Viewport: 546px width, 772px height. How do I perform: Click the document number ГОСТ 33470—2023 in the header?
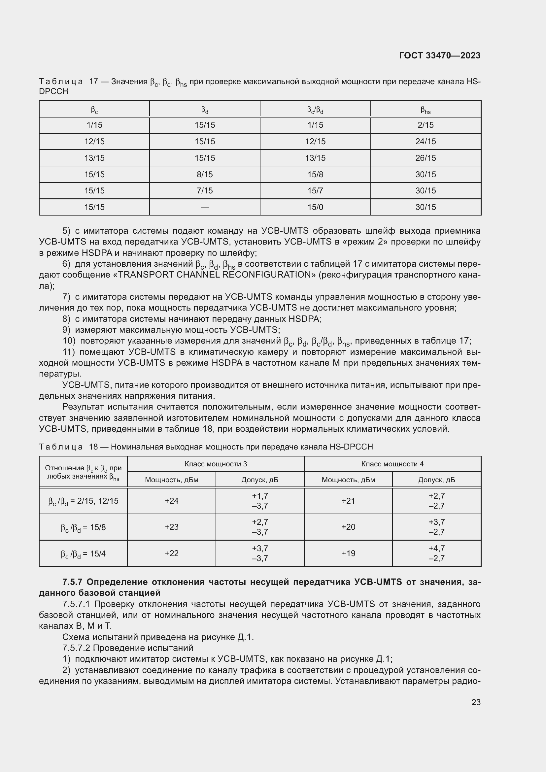tap(439, 55)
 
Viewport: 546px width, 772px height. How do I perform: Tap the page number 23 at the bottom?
tap(476, 702)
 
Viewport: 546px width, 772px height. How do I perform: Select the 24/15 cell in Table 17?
tap(425, 142)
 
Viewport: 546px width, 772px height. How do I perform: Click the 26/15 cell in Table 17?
tap(425, 158)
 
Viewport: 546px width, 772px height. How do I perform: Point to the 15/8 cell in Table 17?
tap(315, 175)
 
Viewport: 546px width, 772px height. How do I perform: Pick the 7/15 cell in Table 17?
tap(204, 191)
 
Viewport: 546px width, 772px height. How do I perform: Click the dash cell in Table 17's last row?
tap(204, 208)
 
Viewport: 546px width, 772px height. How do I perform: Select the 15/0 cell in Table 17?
tap(315, 207)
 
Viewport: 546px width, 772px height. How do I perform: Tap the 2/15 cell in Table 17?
tap(425, 125)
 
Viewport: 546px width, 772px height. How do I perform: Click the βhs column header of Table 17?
tap(425, 110)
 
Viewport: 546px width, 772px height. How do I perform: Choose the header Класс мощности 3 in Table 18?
tap(216, 464)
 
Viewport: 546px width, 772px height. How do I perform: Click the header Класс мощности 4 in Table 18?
tap(392, 464)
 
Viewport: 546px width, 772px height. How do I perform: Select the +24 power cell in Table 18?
tap(171, 501)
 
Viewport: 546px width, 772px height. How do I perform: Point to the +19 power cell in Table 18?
tap(348, 554)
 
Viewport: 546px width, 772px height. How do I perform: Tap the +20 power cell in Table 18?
tap(348, 527)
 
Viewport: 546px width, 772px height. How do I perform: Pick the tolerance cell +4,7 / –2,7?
tap(436, 554)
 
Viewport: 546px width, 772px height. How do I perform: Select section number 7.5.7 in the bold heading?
tap(73, 582)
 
